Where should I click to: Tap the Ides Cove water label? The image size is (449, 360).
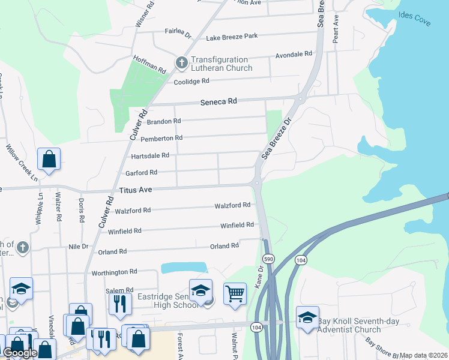[x=414, y=18]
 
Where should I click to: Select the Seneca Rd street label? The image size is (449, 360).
[x=218, y=102]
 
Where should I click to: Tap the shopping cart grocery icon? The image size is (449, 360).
[x=235, y=293]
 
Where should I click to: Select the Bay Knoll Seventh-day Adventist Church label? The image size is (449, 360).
[x=351, y=325]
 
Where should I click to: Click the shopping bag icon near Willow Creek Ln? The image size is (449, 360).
[x=49, y=160]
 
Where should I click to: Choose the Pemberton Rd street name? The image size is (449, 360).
[x=161, y=138]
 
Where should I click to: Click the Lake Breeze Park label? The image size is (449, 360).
[x=232, y=36]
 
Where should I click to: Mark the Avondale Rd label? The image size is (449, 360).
[x=294, y=54]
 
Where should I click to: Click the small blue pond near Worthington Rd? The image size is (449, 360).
[x=184, y=268]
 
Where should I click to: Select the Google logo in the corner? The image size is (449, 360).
[x=20, y=353]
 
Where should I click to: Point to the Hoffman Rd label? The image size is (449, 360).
[x=149, y=64]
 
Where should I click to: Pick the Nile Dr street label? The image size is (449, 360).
[x=78, y=246]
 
